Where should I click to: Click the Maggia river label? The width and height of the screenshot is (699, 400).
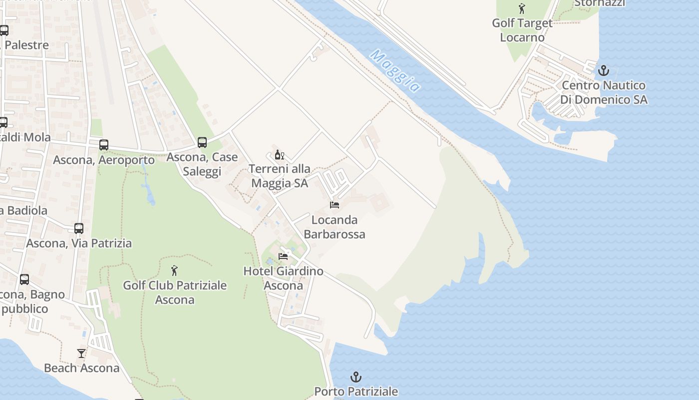[x=395, y=70]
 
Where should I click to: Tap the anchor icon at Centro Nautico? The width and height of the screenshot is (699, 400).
[x=604, y=70]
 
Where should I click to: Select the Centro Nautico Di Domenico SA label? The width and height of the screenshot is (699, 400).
[x=604, y=92]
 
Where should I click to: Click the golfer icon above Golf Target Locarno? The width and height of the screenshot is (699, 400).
[x=522, y=8]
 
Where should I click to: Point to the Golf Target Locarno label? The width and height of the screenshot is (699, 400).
[x=522, y=30]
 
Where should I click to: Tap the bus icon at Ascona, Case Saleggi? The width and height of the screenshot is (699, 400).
[x=202, y=142]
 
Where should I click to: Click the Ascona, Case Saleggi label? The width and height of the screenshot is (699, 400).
[x=202, y=164]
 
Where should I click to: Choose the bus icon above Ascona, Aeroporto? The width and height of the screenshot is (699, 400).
[x=104, y=145]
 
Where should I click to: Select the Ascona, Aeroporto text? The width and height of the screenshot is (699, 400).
[x=104, y=160]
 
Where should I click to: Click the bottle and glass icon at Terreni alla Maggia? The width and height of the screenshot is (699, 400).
[x=279, y=154]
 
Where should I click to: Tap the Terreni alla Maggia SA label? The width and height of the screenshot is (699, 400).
[x=280, y=176]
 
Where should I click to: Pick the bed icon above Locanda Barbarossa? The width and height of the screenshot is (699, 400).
[x=335, y=205]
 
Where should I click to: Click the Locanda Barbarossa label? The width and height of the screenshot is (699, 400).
[x=335, y=227]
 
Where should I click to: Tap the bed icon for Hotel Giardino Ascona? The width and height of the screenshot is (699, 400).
[x=283, y=256]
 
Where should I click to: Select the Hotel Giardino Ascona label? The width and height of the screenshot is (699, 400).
[x=283, y=278]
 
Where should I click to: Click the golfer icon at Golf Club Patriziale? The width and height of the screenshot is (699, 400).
[x=174, y=271]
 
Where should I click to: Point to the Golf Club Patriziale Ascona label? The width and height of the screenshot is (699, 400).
[x=175, y=292]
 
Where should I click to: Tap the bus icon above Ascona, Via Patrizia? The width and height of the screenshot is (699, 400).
[x=79, y=228]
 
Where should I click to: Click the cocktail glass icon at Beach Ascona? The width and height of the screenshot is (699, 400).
[x=81, y=353]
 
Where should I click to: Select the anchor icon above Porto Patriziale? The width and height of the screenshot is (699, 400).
[x=356, y=376]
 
